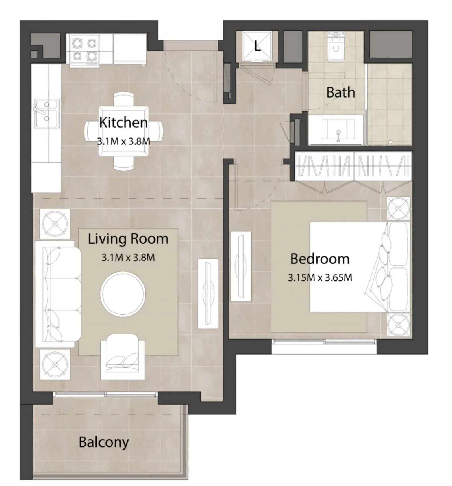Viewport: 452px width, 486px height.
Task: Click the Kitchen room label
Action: point(123,122)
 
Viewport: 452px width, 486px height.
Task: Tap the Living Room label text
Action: point(128,239)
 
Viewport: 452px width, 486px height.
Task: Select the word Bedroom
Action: point(320,259)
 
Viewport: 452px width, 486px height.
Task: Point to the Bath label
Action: point(340,92)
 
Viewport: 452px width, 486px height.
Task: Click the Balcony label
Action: point(104,442)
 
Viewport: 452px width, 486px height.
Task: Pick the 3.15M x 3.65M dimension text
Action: point(320,278)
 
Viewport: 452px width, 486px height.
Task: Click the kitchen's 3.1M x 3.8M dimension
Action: point(123,141)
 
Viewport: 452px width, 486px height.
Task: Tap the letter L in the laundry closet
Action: point(257,46)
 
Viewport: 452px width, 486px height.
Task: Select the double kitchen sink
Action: point(47,113)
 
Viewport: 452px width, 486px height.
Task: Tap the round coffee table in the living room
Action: point(123,294)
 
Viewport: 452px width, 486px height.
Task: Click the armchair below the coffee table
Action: point(123,357)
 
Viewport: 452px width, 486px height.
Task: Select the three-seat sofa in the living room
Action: point(58,294)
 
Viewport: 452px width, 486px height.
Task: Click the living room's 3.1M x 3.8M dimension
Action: point(128,258)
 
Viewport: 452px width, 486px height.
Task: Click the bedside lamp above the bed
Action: point(398,208)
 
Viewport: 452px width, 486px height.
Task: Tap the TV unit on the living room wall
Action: point(208,293)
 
